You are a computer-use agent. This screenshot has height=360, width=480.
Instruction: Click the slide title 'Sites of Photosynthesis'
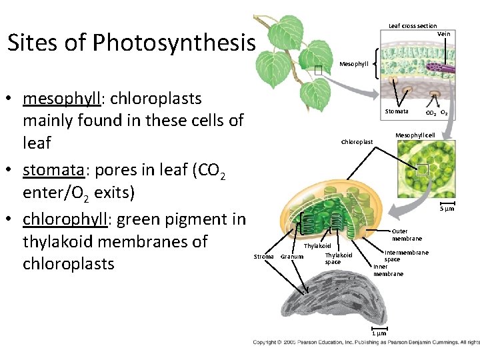pos(131,43)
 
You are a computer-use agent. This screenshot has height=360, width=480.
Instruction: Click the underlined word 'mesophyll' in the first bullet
pos(61,99)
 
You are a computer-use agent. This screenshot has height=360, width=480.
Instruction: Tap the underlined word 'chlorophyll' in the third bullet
pos(64,219)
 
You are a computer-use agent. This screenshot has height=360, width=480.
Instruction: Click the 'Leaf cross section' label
pos(413,26)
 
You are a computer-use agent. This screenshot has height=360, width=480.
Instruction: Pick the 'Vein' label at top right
pos(443,34)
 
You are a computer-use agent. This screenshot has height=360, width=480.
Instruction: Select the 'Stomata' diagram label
pos(397,111)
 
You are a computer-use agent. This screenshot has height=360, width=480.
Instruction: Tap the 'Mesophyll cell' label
pos(415,135)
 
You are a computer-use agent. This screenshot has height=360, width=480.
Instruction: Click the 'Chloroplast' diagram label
pos(357,141)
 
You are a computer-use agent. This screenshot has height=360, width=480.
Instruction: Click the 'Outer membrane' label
pos(406,235)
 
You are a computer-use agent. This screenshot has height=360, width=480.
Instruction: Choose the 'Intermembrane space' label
pos(406,256)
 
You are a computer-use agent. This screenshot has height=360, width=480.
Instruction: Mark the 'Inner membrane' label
pos(388,271)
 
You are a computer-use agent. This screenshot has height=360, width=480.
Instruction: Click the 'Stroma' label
pos(264,256)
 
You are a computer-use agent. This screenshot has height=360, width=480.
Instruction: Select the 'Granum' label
pos(292,257)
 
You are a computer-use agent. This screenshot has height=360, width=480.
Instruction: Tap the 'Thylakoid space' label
pos(338,259)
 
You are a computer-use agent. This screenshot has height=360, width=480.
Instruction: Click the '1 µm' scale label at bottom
pos(378,333)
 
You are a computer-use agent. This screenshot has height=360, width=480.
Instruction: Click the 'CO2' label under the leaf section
pos(431,113)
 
